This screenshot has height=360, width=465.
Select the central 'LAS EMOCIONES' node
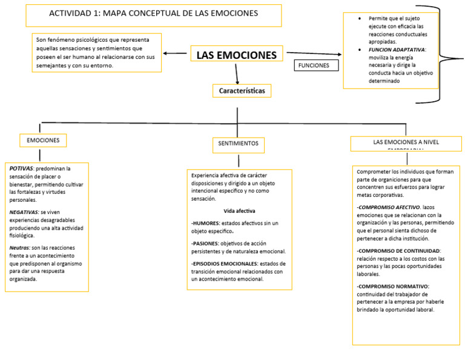(236, 55)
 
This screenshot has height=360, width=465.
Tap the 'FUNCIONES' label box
(315, 65)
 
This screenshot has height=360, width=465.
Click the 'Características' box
(242, 91)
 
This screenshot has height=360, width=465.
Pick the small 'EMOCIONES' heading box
(43, 141)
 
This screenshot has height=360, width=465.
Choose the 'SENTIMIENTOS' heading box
(238, 144)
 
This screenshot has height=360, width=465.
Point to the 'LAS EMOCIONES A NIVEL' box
(406, 143)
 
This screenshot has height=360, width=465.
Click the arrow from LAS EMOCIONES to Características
(237, 73)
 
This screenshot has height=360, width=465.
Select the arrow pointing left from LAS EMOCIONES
(175, 53)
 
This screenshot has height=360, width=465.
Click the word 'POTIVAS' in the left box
(21, 168)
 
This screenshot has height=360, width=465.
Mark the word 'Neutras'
(20, 248)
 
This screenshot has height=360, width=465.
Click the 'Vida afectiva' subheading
(239, 211)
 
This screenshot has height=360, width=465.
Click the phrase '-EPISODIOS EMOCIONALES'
(225, 264)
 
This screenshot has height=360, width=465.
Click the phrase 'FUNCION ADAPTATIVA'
(397, 50)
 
